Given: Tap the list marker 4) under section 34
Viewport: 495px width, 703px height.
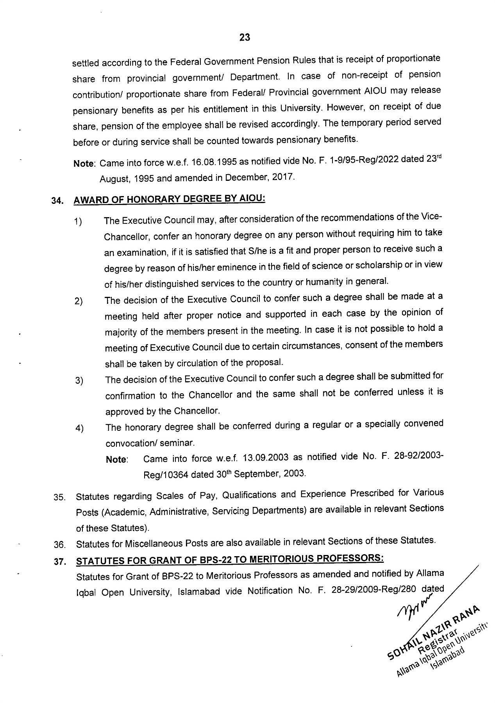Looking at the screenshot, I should pyautogui.click(x=80, y=429).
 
